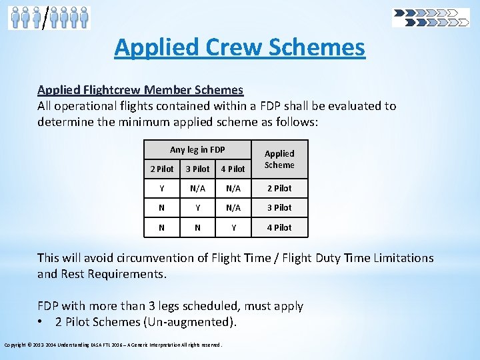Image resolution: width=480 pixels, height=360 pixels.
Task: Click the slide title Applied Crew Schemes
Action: coord(239,47)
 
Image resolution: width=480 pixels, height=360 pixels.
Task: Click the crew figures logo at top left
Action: coord(49,17)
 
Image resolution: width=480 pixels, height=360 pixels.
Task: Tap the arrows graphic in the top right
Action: coord(431,17)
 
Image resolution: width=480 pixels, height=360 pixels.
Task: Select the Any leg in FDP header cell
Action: coord(197,149)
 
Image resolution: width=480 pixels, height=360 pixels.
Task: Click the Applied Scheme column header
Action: coord(279,159)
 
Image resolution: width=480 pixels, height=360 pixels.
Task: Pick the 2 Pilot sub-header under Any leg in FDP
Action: coord(162,169)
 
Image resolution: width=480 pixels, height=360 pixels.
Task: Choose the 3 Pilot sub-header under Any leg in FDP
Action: coord(197,169)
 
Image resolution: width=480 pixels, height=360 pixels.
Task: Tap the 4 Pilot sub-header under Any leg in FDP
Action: coord(233,169)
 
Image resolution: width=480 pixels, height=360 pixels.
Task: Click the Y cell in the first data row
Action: coord(162,188)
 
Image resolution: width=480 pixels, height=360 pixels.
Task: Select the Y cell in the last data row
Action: coord(233,227)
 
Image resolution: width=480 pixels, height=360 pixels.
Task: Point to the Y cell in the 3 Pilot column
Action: coord(197,207)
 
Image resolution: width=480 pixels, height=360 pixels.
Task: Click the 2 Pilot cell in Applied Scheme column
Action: coord(279,188)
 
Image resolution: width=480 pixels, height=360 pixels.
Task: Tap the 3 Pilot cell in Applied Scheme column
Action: coord(279,207)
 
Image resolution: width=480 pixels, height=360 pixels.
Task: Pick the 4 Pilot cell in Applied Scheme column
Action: coord(279,227)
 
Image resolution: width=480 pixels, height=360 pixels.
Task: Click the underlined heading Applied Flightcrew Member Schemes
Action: coord(140,89)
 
